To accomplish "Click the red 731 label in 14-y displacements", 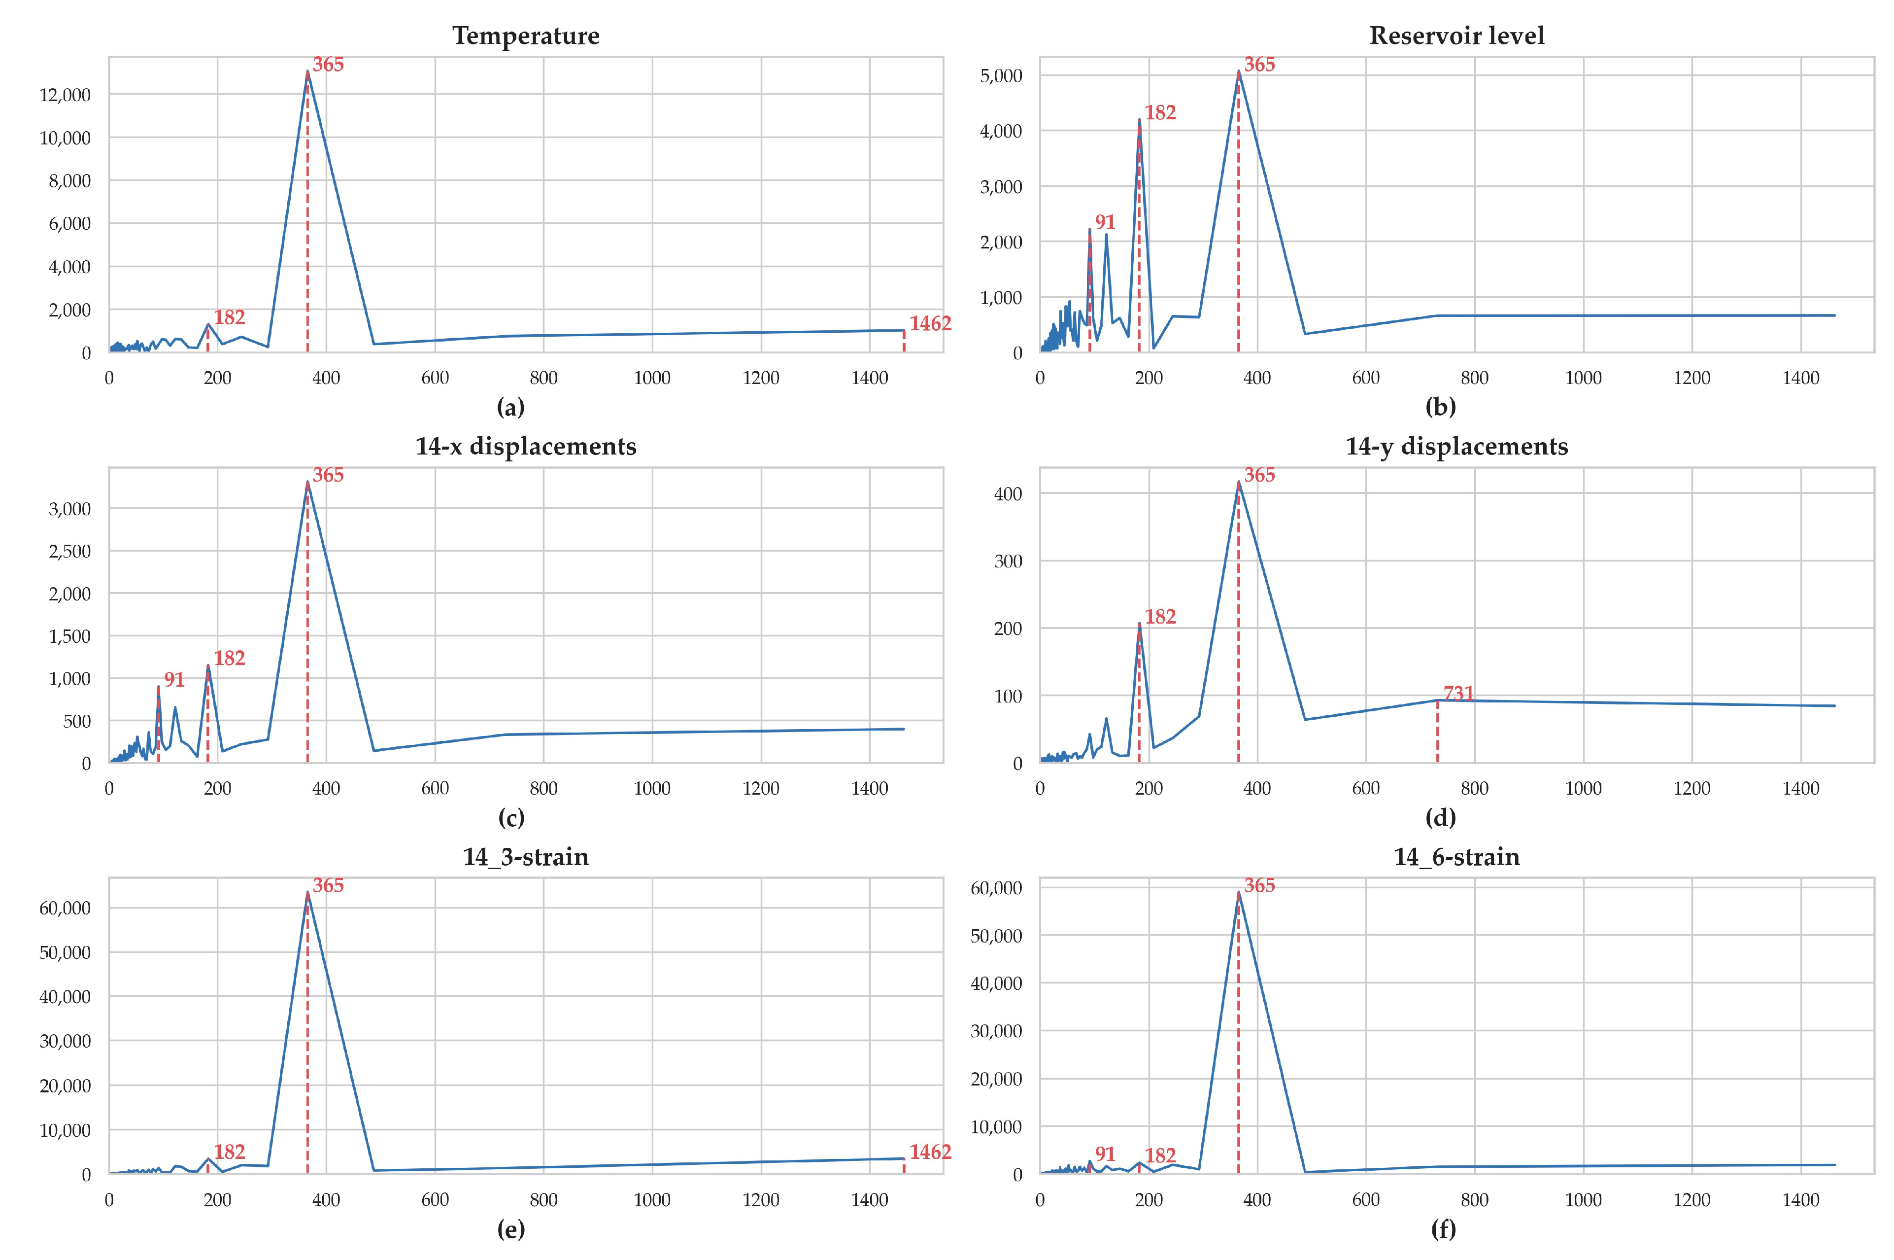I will (1458, 693).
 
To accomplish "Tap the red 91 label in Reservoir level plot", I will (1105, 223).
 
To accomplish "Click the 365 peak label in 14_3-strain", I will (328, 885).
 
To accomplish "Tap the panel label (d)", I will (1440, 818).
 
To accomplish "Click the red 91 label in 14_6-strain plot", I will (1105, 1154).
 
